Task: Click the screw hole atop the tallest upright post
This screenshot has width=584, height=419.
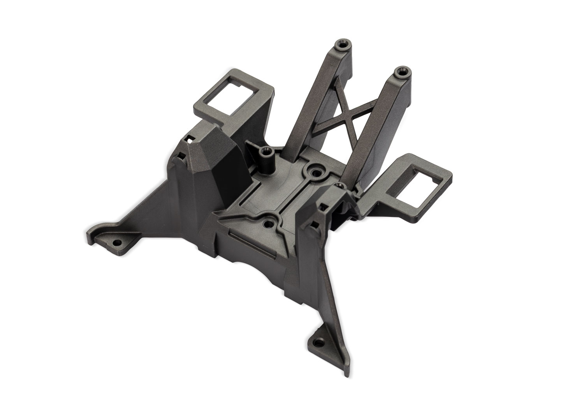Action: pyautogui.click(x=342, y=46)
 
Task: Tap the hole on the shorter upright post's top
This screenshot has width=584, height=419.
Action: pyautogui.click(x=399, y=71)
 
